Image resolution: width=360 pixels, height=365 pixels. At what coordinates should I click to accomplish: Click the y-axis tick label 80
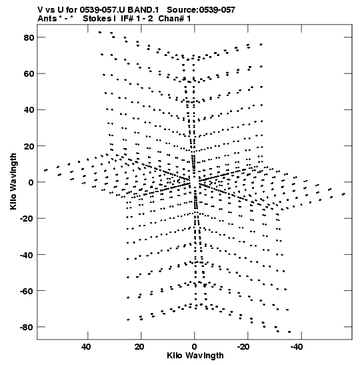(29, 37)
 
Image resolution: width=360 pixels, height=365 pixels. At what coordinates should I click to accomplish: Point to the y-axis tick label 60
(29, 74)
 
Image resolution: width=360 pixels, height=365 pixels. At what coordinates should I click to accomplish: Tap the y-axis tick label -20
(27, 219)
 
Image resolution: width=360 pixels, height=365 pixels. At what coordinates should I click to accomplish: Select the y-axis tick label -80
(27, 327)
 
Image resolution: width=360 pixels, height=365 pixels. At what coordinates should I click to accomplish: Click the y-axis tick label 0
(31, 182)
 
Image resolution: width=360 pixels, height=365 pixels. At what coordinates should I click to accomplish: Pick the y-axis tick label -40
(27, 255)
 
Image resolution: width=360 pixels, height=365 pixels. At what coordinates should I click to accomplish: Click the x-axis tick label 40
(86, 346)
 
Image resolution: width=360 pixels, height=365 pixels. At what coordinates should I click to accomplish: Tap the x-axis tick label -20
(243, 346)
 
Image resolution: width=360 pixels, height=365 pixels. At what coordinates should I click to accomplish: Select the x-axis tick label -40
(297, 346)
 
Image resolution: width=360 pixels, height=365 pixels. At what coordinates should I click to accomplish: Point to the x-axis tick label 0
(195, 346)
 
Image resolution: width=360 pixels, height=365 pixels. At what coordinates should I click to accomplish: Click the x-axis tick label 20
(139, 346)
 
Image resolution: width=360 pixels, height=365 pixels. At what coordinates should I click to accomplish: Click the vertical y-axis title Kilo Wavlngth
(13, 181)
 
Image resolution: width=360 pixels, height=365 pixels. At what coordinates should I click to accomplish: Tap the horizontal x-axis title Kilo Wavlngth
(195, 356)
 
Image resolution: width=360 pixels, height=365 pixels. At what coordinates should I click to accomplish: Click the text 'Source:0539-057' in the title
(201, 10)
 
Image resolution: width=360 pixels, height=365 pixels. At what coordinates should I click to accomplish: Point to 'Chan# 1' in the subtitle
(175, 19)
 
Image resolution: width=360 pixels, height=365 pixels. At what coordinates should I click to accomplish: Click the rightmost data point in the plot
(344, 194)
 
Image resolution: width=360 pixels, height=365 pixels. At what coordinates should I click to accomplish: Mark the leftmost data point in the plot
(46, 170)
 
